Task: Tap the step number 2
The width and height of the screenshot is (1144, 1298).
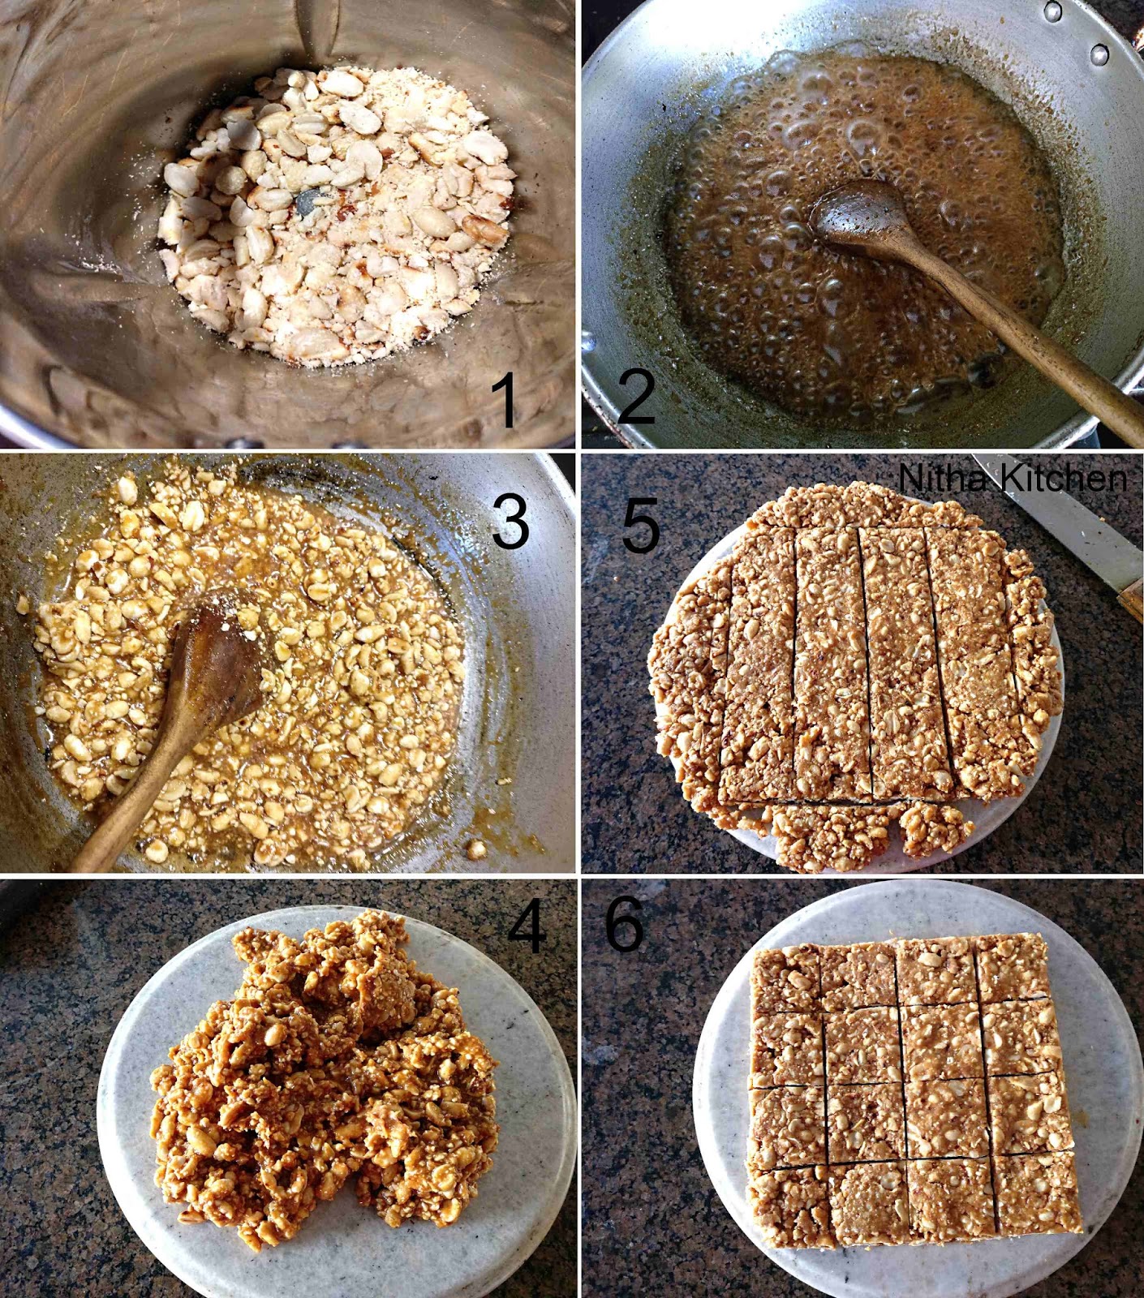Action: pyautogui.click(x=637, y=393)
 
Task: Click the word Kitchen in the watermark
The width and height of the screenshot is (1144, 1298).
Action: pyautogui.click(x=1063, y=479)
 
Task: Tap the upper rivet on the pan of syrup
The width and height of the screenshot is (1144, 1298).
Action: pyautogui.click(x=1054, y=11)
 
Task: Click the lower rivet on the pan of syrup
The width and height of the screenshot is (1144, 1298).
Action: pyautogui.click(x=1099, y=54)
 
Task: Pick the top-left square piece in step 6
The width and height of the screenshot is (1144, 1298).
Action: pyautogui.click(x=788, y=982)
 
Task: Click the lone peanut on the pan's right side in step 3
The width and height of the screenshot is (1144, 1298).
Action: pyautogui.click(x=475, y=849)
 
